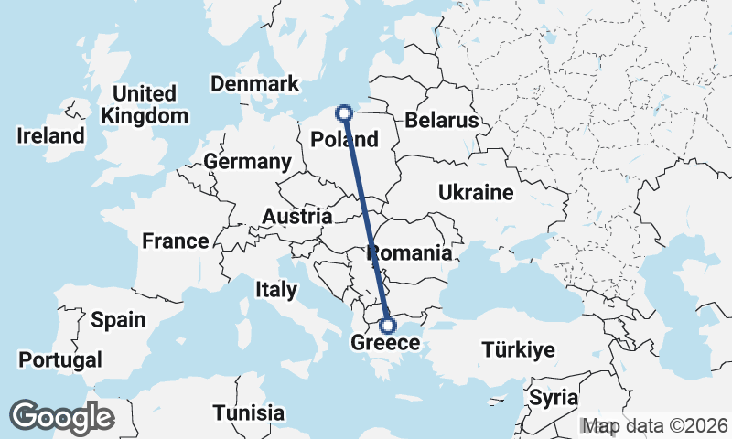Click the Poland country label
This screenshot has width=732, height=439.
click(x=344, y=140)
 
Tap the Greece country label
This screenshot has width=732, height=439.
click(x=384, y=344)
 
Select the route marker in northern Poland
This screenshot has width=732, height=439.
click(x=344, y=113)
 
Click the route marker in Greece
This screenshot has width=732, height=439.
click(x=387, y=325)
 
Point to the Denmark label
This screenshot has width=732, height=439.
click(x=254, y=84)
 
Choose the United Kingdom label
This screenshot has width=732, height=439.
click(x=145, y=105)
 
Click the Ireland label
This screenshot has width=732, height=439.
click(x=50, y=136)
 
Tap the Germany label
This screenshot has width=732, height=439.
click(x=247, y=162)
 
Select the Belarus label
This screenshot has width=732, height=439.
click(x=442, y=121)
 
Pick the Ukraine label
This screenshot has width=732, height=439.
click(x=476, y=193)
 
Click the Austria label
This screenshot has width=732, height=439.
click(x=296, y=217)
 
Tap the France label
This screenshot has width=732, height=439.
click(x=175, y=241)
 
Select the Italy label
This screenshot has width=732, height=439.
click(x=276, y=290)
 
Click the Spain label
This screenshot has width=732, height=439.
click(x=118, y=320)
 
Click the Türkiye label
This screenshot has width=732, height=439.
click(x=518, y=350)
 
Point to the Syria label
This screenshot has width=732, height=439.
click(x=554, y=398)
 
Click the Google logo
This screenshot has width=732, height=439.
click(x=61, y=417)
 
